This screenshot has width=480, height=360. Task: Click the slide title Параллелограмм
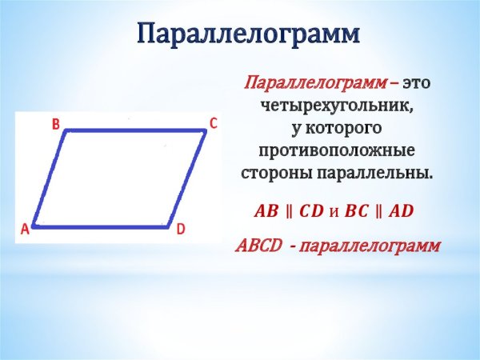pyautogui.click(x=247, y=34)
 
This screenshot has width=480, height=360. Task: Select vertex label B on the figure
pyautogui.click(x=55, y=124)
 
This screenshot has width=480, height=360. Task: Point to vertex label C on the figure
pyautogui.click(x=214, y=122)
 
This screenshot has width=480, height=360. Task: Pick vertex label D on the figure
pyautogui.click(x=181, y=230)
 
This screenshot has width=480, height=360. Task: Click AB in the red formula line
pyautogui.click(x=266, y=212)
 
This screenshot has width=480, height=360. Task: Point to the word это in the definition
pyautogui.click(x=418, y=83)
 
